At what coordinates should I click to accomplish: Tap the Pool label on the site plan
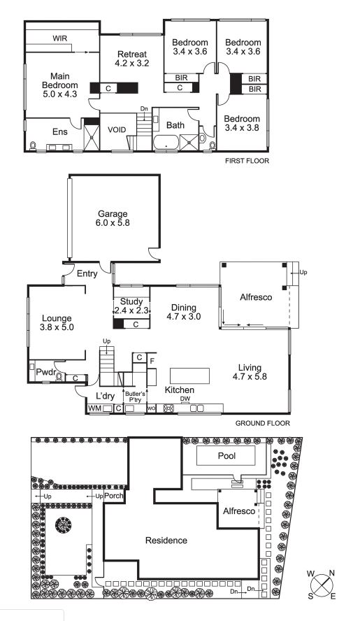pyautogui.click(x=226, y=456)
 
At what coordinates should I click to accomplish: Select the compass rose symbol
pyautogui.click(x=322, y=584)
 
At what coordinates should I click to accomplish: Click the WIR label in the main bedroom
pyautogui.click(x=60, y=38)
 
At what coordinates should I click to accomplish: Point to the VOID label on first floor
pyautogui.click(x=117, y=130)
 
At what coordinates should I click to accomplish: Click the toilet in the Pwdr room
pyautogui.click(x=60, y=376)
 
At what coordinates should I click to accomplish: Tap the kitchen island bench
pyautogui.click(x=189, y=376)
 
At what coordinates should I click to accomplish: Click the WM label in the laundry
pyautogui.click(x=94, y=408)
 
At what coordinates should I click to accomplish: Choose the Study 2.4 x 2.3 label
pyautogui.click(x=131, y=306)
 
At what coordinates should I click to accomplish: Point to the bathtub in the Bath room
pyautogui.click(x=166, y=143)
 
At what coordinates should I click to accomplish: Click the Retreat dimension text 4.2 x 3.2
pyautogui.click(x=132, y=63)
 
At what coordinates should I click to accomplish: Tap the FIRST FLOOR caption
pyautogui.click(x=247, y=161)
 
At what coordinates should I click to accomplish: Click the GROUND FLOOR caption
pyautogui.click(x=263, y=423)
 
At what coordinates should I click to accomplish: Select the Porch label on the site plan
pyautogui.click(x=114, y=496)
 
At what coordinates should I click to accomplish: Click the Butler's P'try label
pyautogui.click(x=136, y=397)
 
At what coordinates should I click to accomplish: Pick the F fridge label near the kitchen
pyautogui.click(x=152, y=361)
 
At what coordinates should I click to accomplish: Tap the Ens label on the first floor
pyautogui.click(x=60, y=132)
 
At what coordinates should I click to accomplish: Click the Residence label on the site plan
pyautogui.click(x=166, y=540)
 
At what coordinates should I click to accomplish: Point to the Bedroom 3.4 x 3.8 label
pyautogui.click(x=242, y=123)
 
